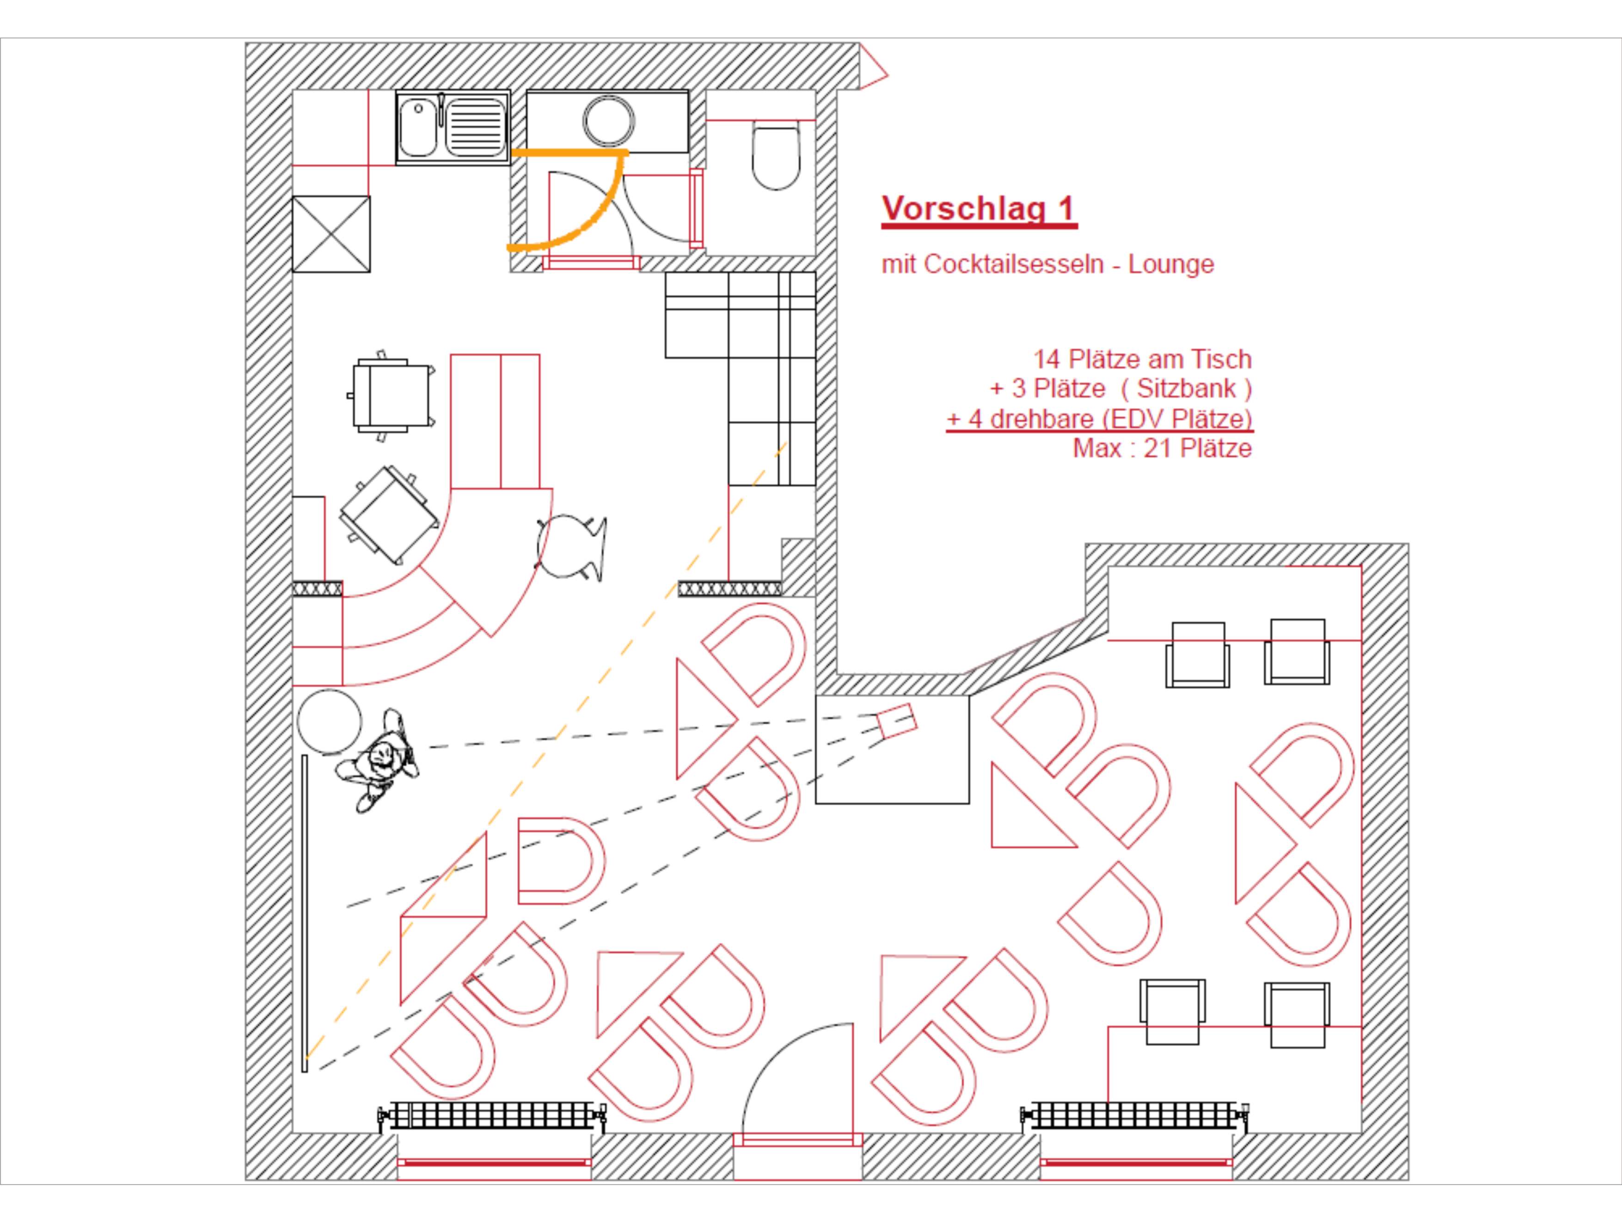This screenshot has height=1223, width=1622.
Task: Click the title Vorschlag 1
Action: [979, 208]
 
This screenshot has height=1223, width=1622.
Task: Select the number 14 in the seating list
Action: [1047, 359]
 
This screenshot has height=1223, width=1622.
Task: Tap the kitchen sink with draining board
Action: [453, 128]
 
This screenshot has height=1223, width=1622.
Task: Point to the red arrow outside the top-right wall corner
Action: [873, 67]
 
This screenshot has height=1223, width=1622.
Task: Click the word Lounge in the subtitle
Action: [1171, 264]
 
